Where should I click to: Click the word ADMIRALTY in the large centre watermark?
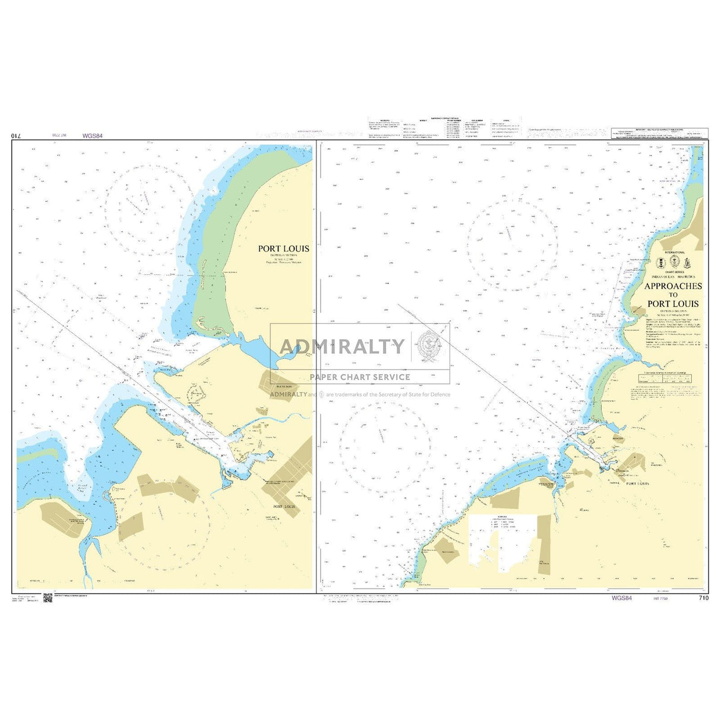point(341,346)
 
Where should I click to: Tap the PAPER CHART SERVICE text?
point(360,377)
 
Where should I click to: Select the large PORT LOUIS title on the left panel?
point(283,249)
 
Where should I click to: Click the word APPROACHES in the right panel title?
point(673,286)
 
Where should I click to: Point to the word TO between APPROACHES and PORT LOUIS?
point(673,295)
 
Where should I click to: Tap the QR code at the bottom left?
point(48,598)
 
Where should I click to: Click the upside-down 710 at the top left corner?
point(16,136)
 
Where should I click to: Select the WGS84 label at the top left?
point(93,136)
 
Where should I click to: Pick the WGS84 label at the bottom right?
point(621,598)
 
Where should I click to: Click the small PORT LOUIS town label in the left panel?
point(283,507)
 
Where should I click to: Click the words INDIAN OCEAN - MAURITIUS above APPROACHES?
point(673,277)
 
